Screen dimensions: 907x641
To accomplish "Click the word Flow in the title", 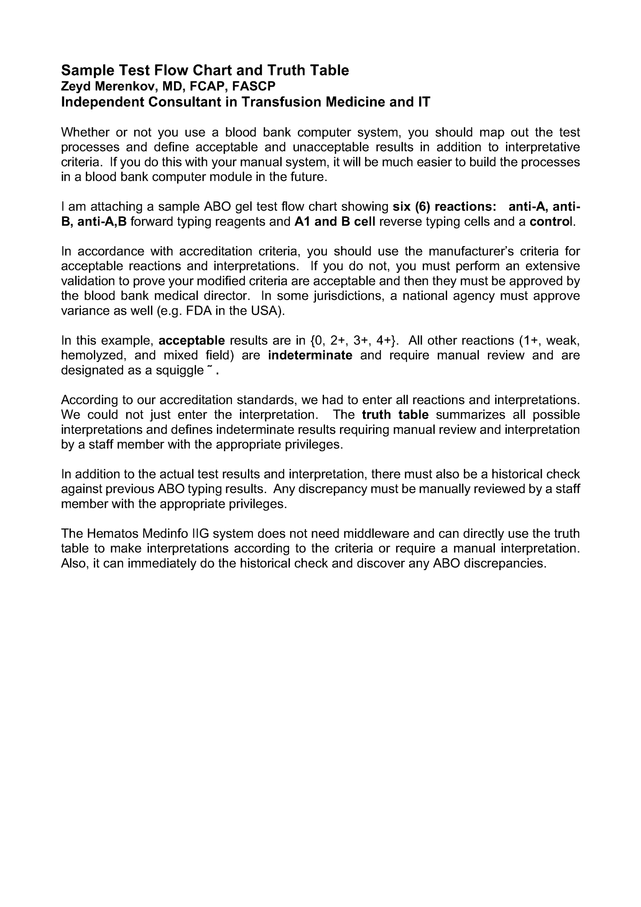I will (x=171, y=70).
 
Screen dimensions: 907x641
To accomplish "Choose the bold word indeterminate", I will (x=310, y=355).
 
